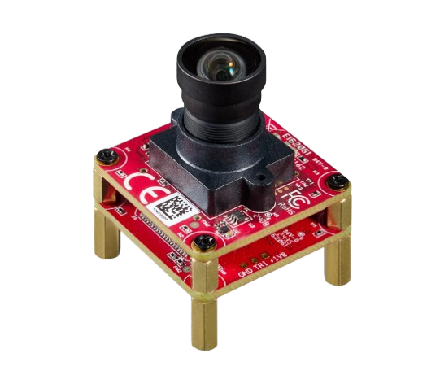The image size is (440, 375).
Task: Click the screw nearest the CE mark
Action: coord(105,155)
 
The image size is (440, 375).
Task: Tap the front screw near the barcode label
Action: coord(203,242)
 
